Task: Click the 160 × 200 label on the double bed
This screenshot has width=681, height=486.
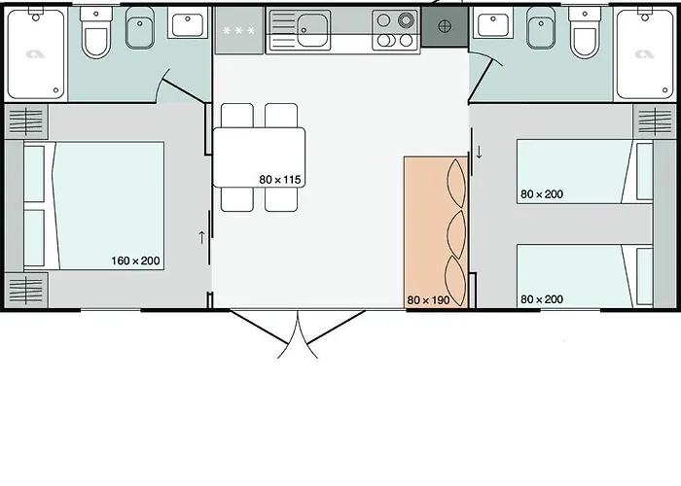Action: (x=135, y=260)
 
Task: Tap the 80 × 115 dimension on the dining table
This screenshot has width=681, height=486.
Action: (x=280, y=179)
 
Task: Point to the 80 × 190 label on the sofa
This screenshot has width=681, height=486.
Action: (x=428, y=299)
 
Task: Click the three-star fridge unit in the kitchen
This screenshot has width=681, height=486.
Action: (x=239, y=30)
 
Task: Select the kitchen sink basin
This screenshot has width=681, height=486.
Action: (x=312, y=30)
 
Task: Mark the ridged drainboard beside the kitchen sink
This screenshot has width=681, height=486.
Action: (x=283, y=30)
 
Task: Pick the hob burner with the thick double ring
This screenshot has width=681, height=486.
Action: (x=406, y=20)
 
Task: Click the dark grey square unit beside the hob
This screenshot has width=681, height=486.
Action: (x=445, y=26)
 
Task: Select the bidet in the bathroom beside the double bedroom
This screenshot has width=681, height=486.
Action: (x=140, y=28)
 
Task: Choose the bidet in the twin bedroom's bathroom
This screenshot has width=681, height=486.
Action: (x=541, y=28)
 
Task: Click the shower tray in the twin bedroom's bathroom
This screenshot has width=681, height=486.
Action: (x=644, y=54)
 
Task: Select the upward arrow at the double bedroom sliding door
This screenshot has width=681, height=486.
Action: (x=201, y=237)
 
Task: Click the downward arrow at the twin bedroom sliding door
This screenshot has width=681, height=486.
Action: (x=479, y=152)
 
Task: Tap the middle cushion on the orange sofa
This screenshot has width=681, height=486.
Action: (x=456, y=234)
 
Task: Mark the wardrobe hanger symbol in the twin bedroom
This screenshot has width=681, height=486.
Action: (x=655, y=121)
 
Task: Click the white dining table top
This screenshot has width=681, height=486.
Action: (x=259, y=157)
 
